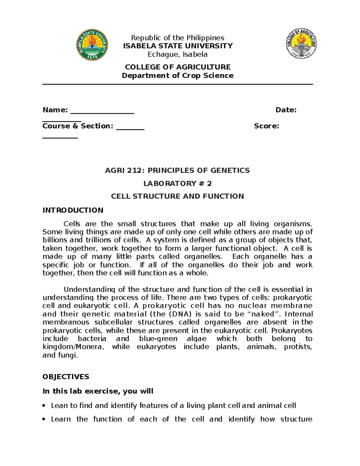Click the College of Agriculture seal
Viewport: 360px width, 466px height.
point(301,44)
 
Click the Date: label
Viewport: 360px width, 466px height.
point(286,110)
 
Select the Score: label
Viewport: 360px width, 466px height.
point(266,126)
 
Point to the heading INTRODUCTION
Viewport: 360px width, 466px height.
point(73,210)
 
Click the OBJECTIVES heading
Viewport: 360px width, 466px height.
point(66,377)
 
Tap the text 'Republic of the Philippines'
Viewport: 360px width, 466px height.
point(178,38)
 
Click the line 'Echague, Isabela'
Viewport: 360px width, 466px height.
point(178,54)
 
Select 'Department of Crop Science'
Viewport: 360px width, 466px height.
point(178,76)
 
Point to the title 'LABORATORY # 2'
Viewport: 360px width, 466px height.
point(178,183)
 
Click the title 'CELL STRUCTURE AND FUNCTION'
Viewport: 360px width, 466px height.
point(178,196)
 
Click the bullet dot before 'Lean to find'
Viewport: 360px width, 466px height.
point(44,406)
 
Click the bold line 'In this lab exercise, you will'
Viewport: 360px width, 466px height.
point(98,391)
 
